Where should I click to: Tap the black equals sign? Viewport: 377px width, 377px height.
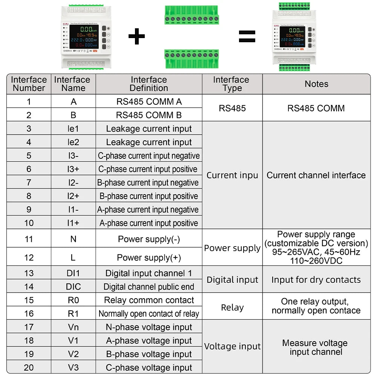click(247, 36)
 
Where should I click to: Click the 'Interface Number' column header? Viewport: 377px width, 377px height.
click(29, 84)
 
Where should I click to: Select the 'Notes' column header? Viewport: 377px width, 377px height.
click(316, 84)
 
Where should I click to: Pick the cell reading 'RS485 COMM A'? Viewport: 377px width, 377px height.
click(149, 101)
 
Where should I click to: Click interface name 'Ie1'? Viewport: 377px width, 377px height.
click(73, 129)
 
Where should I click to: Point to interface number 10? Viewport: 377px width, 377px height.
click(29, 223)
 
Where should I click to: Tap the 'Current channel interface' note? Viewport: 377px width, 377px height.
click(316, 175)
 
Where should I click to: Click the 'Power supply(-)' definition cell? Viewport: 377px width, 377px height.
click(149, 239)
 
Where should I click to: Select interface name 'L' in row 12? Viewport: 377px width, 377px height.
click(73, 257)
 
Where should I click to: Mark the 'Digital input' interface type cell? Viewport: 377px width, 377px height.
click(232, 280)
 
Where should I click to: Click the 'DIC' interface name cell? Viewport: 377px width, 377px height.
click(73, 287)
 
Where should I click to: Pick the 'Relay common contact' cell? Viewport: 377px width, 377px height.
click(149, 300)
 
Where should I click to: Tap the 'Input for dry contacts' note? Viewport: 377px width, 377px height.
click(316, 280)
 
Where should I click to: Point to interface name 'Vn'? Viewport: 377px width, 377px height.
click(73, 327)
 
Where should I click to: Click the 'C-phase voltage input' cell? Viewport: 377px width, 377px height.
click(149, 368)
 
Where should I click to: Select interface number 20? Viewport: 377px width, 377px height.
click(29, 368)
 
